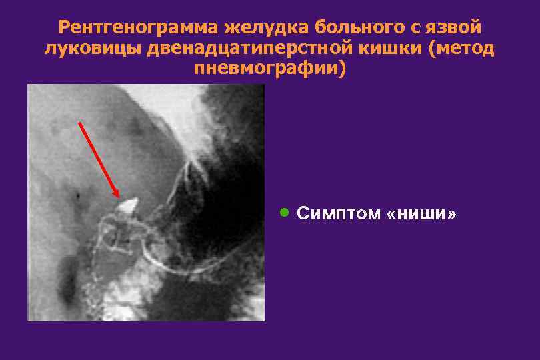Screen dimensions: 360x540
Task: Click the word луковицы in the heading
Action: pos(92,49)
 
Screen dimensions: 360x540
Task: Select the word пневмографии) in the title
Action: pos(270,69)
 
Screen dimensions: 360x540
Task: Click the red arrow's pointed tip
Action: pos(119,197)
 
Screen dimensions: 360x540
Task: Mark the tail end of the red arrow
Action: pos(79,122)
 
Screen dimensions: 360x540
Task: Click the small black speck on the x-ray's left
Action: pos(79,196)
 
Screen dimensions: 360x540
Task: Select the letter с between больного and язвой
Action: pos(417,29)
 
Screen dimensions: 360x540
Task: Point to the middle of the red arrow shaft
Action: pos(99,160)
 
